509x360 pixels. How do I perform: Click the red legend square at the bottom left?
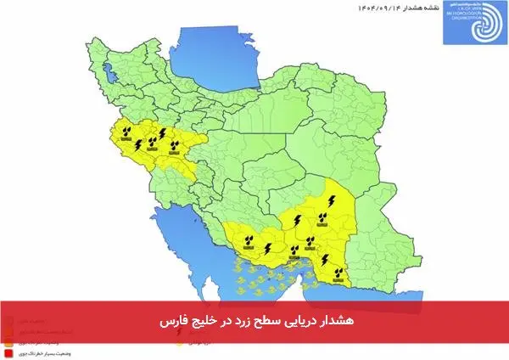click(8, 351)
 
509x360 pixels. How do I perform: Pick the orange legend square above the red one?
click(8, 341)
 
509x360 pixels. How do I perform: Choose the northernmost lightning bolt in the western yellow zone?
click(161, 132)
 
